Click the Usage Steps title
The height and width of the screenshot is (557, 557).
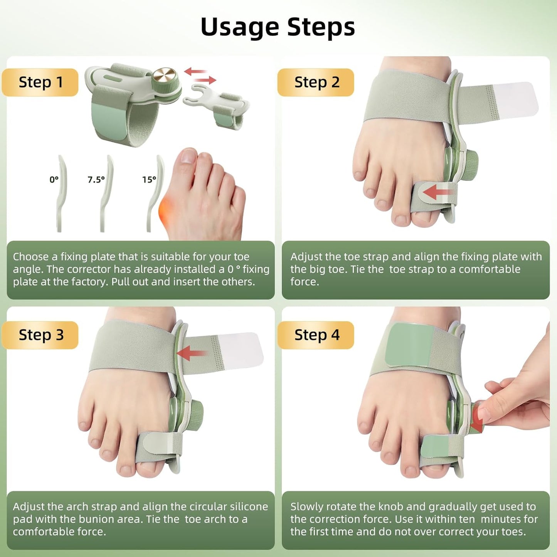click(x=278, y=27)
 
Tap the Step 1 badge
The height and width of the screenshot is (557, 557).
click(x=40, y=82)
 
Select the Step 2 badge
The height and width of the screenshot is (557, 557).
click(x=316, y=82)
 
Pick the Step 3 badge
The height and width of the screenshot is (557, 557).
click(x=40, y=335)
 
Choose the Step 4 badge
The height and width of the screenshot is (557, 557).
click(x=316, y=335)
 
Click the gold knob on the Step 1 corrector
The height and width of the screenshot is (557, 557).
click(x=164, y=75)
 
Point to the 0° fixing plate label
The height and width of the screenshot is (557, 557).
click(x=54, y=180)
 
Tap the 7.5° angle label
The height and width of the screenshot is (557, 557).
click(x=96, y=180)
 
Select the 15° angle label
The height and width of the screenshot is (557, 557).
click(x=149, y=180)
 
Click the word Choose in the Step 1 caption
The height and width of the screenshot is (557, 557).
click(x=31, y=257)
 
